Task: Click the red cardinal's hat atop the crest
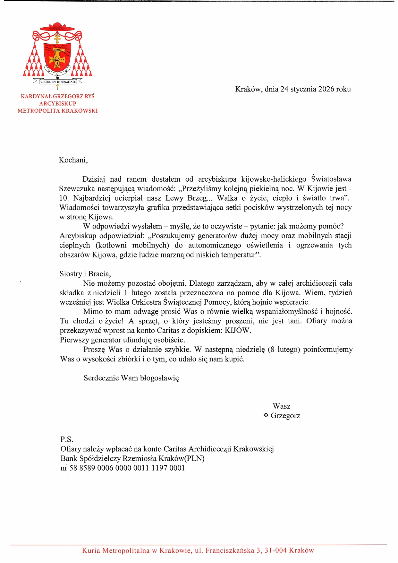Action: tap(57, 27)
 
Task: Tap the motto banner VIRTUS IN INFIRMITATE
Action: tap(58, 82)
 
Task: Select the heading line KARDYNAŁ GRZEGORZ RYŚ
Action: tap(57, 96)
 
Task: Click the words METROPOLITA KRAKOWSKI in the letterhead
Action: tap(57, 111)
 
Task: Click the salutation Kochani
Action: tap(73, 160)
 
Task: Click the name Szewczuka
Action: tap(77, 189)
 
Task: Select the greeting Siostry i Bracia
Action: tap(85, 274)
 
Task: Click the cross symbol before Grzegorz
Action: tap(266, 415)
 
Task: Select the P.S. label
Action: tap(67, 439)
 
